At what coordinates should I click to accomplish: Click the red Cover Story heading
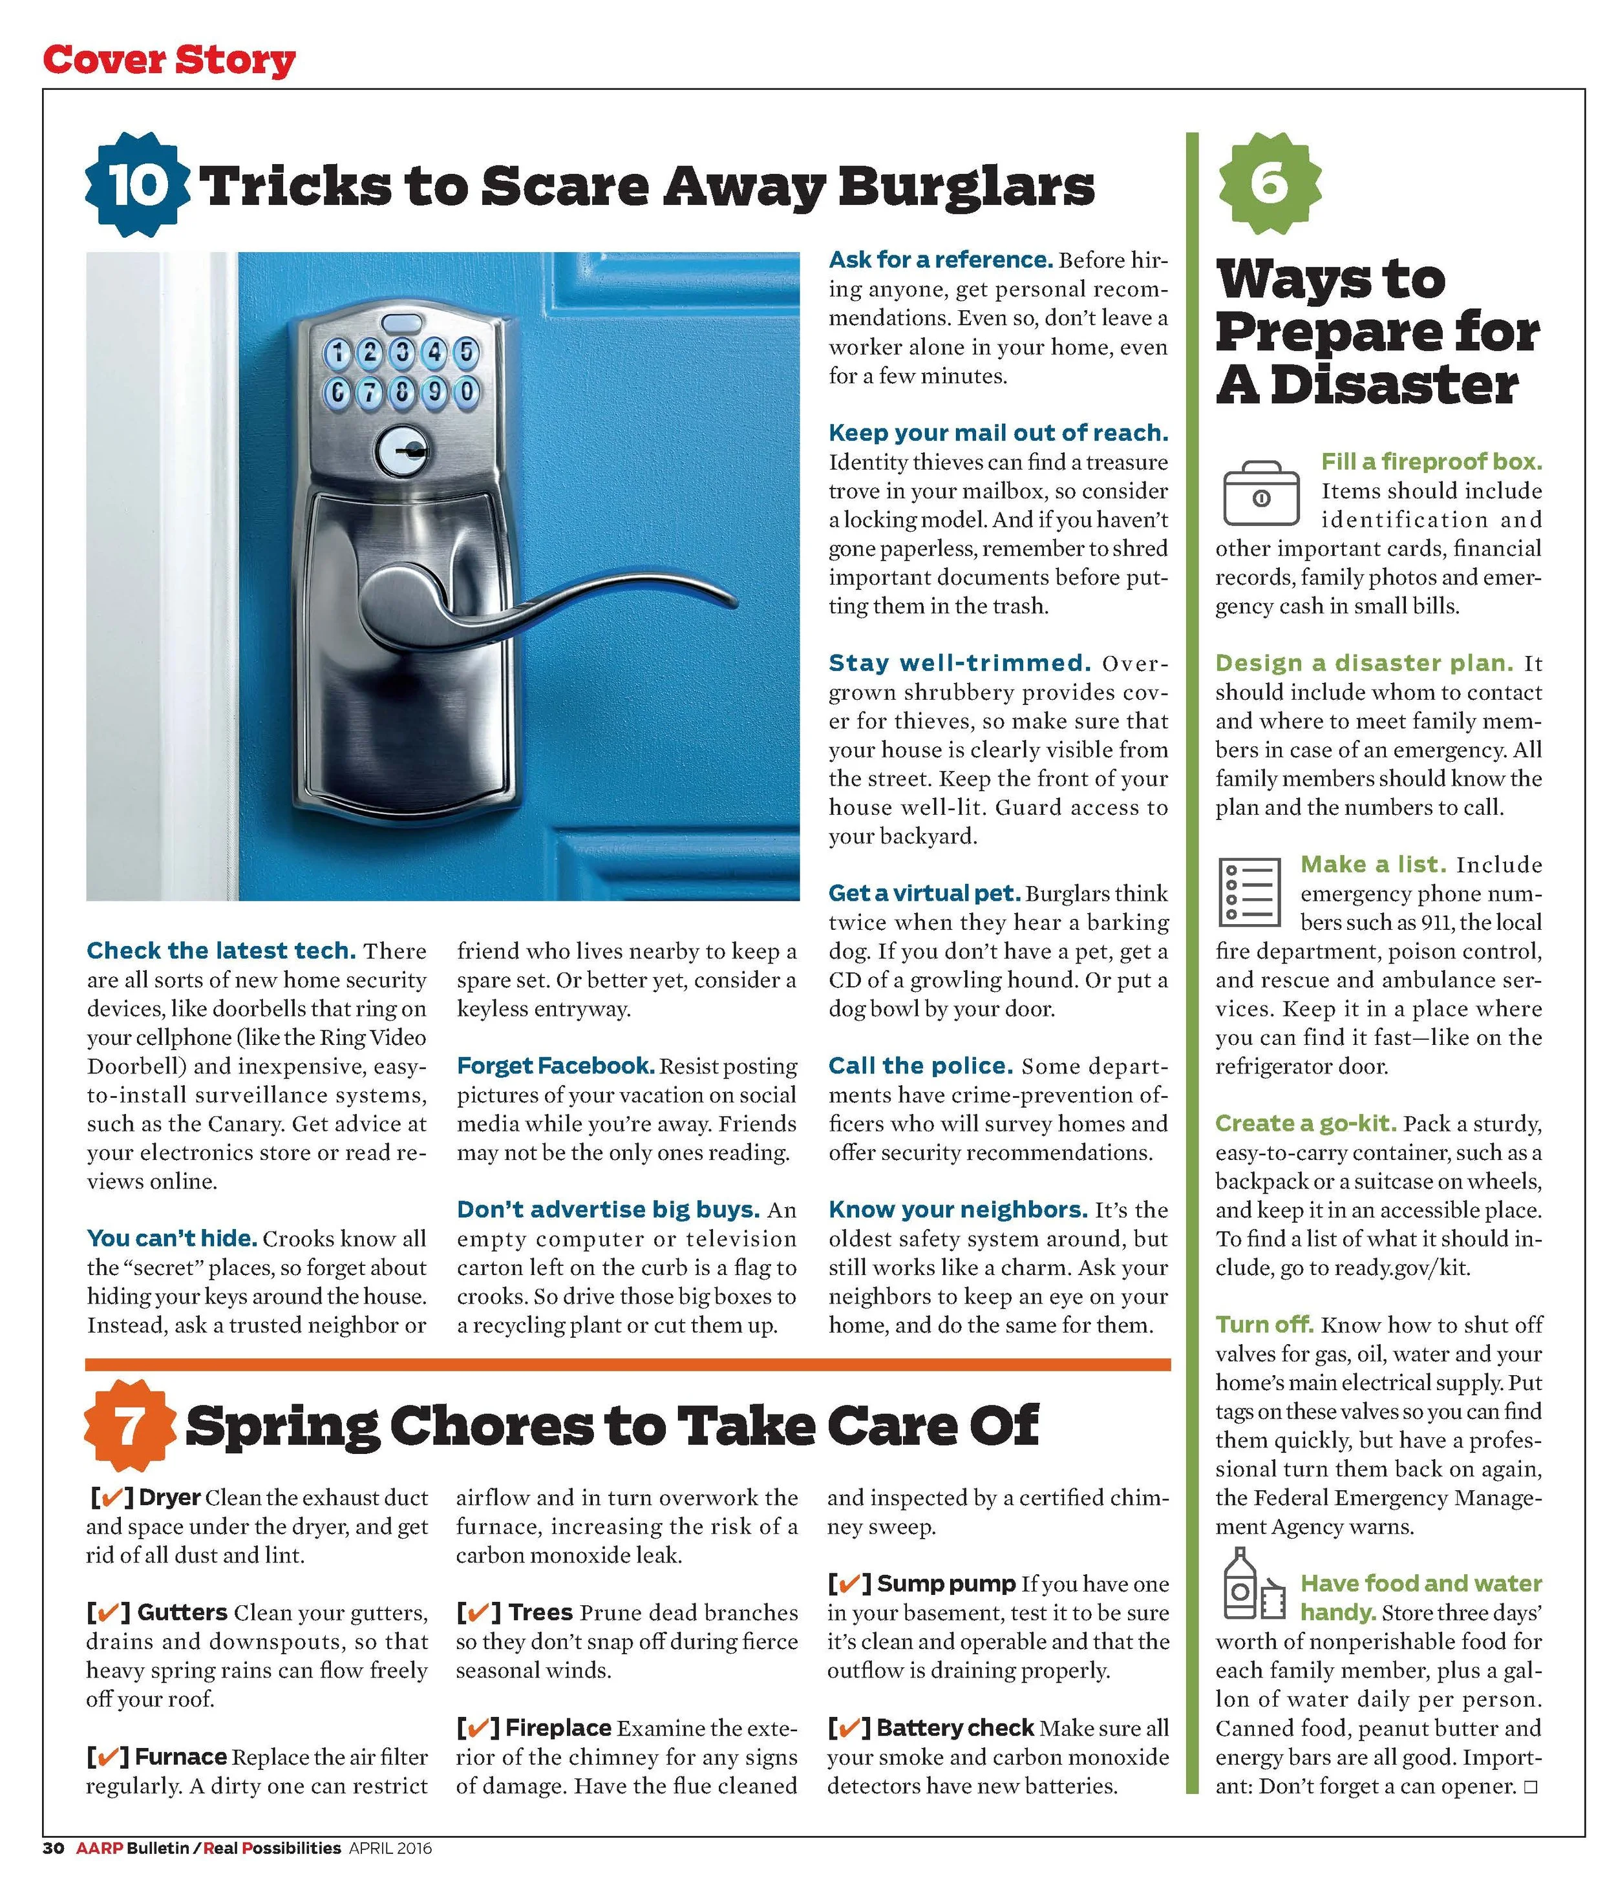[x=169, y=60]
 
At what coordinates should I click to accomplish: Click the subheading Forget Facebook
[x=555, y=1066]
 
